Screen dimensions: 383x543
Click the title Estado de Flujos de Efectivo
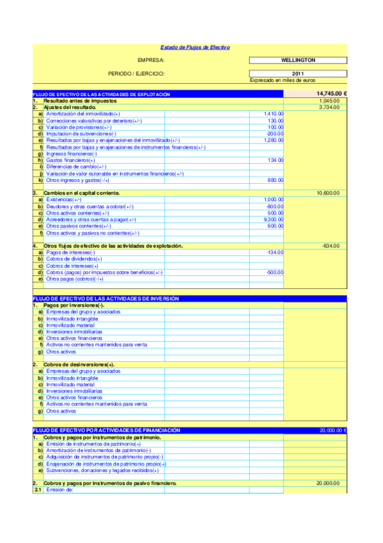click(194, 47)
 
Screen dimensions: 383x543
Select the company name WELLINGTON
click(297, 60)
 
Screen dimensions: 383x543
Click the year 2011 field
click(297, 73)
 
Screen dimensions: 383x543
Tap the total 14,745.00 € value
click(331, 94)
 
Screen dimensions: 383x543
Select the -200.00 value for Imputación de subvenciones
click(275, 133)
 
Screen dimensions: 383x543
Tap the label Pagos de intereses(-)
click(70, 252)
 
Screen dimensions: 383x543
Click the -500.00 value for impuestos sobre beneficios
click(275, 272)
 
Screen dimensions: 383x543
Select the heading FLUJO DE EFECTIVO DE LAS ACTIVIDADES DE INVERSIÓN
click(106, 299)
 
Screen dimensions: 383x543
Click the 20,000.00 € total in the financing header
click(332, 430)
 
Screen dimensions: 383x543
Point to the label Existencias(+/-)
click(64, 199)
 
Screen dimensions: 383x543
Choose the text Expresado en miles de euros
click(282, 80)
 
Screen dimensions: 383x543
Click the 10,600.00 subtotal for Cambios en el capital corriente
click(329, 193)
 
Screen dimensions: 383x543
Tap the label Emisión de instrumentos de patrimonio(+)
click(93, 444)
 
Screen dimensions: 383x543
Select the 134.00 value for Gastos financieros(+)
click(276, 159)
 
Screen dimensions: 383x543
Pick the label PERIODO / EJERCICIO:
click(137, 73)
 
